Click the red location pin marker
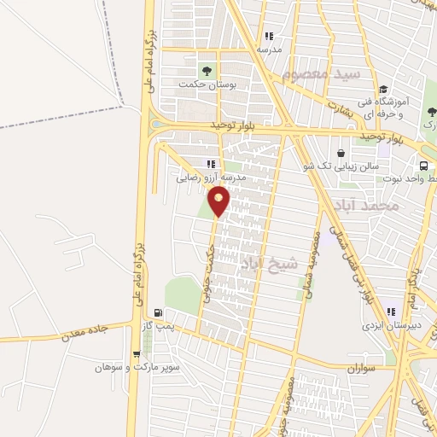point(219,201)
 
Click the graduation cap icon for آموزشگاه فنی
point(383,89)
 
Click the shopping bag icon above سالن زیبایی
point(341,154)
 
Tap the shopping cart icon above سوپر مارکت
point(137,354)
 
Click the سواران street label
point(363,368)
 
